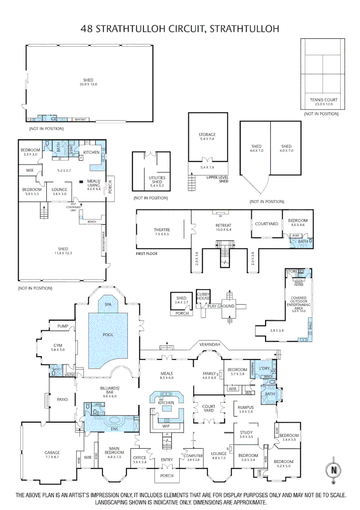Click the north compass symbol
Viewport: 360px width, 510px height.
coord(333,470)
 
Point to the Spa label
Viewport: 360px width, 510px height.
coord(109,305)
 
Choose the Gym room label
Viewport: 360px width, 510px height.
coord(57,347)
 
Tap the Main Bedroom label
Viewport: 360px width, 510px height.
coord(114,451)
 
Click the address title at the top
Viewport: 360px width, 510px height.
coord(180,29)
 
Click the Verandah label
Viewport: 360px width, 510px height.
coord(210,345)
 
